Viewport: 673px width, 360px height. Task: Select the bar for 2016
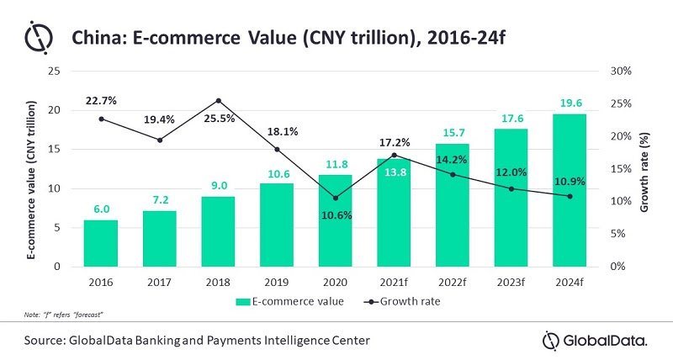point(102,243)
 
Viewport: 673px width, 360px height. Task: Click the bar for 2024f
point(570,190)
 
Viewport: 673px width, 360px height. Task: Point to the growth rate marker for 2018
point(219,101)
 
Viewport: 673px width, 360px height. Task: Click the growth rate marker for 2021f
point(395,155)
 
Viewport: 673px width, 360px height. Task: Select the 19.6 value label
point(570,103)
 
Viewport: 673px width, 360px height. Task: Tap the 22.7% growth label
point(101,101)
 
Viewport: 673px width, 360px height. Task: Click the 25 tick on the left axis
point(53,71)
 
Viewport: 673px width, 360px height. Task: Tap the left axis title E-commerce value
point(31,168)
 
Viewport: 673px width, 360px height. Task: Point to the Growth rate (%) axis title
point(644,168)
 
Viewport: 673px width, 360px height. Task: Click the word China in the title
point(96,38)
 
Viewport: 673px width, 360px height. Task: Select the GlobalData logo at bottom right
point(595,340)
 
